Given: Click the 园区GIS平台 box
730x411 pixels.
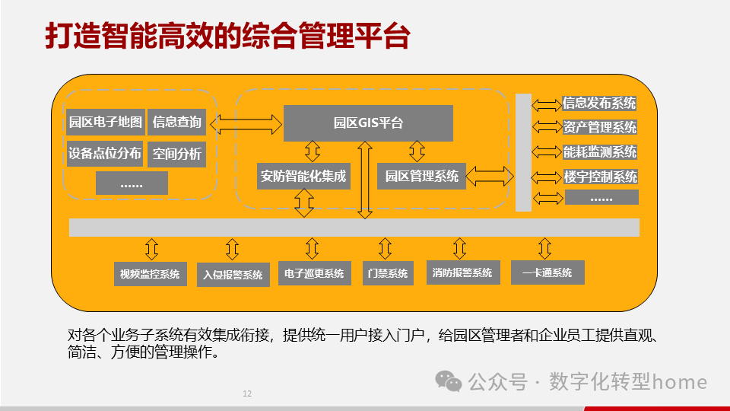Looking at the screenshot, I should click(368, 123).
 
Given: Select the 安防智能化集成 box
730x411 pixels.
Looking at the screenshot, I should click(303, 177).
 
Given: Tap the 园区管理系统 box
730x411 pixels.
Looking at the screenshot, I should click(421, 177).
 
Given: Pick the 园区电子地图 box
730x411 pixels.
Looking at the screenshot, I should click(105, 122).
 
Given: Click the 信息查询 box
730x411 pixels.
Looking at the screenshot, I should click(176, 122).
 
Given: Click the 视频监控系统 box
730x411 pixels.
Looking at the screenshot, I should click(150, 274).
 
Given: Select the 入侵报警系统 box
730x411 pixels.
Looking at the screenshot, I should click(233, 275).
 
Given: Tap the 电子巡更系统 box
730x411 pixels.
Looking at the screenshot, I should click(314, 274).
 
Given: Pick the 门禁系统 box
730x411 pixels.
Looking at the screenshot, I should click(387, 274).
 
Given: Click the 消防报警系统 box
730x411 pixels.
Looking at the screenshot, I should click(462, 272).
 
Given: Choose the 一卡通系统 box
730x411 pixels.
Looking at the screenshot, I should click(547, 272).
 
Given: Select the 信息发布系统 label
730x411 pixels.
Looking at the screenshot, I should click(599, 104).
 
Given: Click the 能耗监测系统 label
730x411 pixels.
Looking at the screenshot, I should click(599, 152).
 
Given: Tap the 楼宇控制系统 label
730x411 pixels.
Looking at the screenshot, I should click(599, 177).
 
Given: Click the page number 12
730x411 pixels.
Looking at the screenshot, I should click(246, 394).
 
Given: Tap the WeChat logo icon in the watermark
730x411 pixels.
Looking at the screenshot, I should click(448, 381).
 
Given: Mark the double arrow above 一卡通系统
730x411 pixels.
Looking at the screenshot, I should click(544, 248).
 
